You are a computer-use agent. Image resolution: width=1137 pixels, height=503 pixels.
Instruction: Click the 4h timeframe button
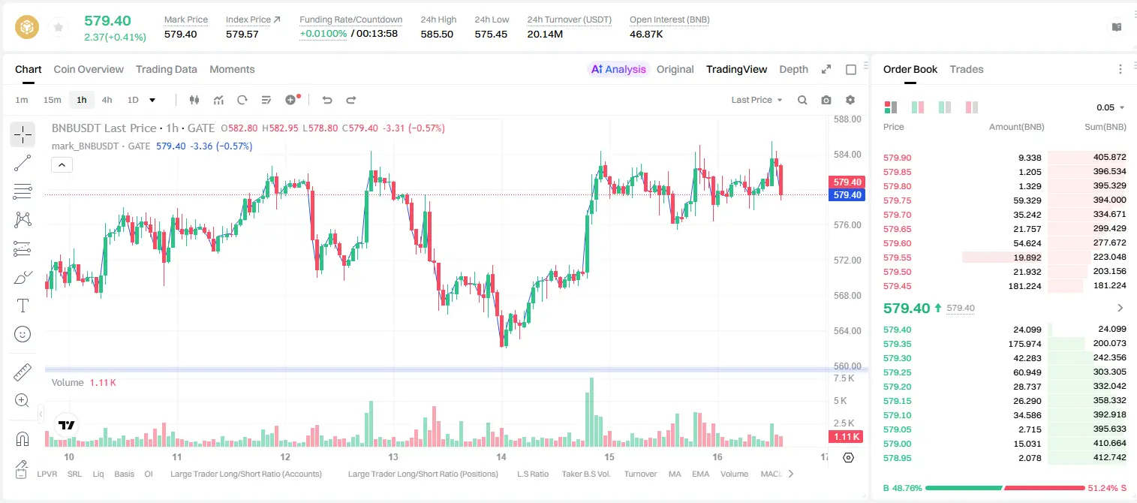point(107,100)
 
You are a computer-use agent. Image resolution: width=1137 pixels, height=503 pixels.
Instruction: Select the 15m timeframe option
point(53,100)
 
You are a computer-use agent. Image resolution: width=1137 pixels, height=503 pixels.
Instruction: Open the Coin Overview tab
point(89,69)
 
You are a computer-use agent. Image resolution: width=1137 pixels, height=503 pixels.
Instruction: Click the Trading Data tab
point(167,69)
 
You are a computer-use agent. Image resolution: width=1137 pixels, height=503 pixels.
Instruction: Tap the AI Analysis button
point(618,69)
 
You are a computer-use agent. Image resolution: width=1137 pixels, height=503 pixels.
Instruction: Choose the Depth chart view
point(793,69)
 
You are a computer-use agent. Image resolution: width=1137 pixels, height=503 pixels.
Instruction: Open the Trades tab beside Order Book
point(967,69)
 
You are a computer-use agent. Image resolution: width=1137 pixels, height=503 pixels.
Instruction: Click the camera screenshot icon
point(826,100)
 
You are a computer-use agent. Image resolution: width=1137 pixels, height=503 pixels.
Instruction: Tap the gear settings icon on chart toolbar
point(850,100)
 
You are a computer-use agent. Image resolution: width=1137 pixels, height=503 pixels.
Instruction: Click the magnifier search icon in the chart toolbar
point(802,100)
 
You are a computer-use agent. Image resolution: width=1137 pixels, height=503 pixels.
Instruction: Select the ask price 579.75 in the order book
point(897,200)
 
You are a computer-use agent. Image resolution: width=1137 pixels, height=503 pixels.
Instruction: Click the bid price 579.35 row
point(897,344)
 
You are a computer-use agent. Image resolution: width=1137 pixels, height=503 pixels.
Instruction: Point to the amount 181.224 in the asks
point(1024,286)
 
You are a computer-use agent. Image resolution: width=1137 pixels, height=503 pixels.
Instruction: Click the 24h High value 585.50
point(437,34)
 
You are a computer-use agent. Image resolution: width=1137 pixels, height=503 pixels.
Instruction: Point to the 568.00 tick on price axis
point(847,295)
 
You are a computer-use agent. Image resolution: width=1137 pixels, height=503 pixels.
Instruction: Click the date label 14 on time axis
point(501,456)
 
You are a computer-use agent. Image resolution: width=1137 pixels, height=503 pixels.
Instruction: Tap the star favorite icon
point(59,27)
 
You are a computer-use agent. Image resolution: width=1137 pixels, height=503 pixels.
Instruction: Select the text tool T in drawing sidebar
point(23,306)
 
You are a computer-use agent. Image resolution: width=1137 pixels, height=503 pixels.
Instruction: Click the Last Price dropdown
point(756,100)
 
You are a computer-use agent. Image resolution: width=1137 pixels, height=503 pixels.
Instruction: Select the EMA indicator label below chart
point(700,474)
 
